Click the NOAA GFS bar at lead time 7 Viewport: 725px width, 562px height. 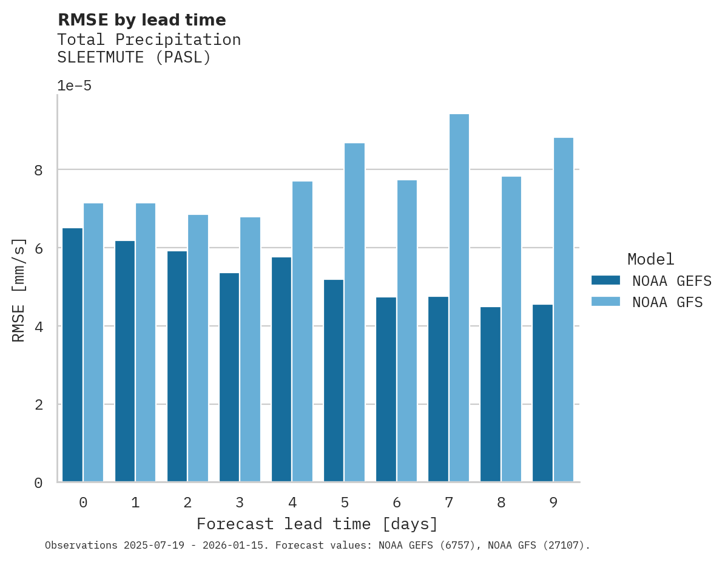tap(459, 298)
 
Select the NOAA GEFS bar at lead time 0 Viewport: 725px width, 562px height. tap(72, 355)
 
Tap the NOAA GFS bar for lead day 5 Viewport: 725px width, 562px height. tap(354, 313)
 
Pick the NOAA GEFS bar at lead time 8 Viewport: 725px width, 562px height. tap(490, 394)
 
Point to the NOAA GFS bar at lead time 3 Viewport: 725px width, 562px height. tap(250, 350)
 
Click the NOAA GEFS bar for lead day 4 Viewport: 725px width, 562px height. tap(281, 370)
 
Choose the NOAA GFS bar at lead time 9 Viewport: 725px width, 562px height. tap(563, 310)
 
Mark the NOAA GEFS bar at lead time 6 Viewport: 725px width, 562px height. tap(386, 390)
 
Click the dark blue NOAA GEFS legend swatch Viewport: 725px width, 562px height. tap(605, 280)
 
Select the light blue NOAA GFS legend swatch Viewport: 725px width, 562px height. tap(605, 302)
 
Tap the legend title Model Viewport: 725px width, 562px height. tap(650, 259)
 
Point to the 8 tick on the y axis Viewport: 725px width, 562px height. tap(38, 170)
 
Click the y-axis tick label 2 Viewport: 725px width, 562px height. tap(38, 405)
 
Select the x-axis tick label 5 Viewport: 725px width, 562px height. tap(345, 503)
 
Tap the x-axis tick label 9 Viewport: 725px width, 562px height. tap(553, 503)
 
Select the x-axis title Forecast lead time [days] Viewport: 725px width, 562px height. tap(317, 524)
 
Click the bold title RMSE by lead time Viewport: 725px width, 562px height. tap(141, 20)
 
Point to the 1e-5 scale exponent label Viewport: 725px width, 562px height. tap(74, 86)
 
